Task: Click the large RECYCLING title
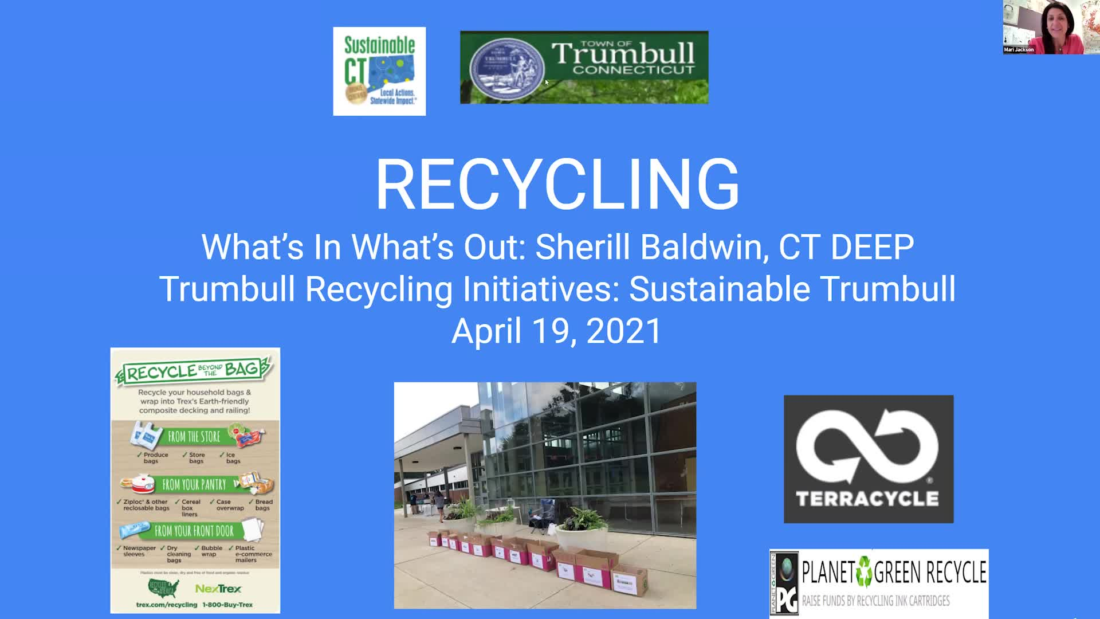point(557,185)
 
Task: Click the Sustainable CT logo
point(379,71)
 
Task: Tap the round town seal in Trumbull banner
point(506,68)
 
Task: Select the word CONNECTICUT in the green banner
point(633,70)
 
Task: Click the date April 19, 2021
point(556,331)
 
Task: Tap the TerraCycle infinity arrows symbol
point(867,446)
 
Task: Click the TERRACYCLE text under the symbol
point(867,499)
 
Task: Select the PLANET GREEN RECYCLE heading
point(894,572)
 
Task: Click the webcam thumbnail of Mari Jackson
point(1050,27)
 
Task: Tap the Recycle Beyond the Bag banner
point(194,371)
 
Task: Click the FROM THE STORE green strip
point(194,437)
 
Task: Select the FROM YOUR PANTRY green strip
point(194,485)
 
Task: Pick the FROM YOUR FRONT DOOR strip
point(194,531)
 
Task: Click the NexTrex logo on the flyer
point(218,589)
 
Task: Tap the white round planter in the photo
point(582,537)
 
